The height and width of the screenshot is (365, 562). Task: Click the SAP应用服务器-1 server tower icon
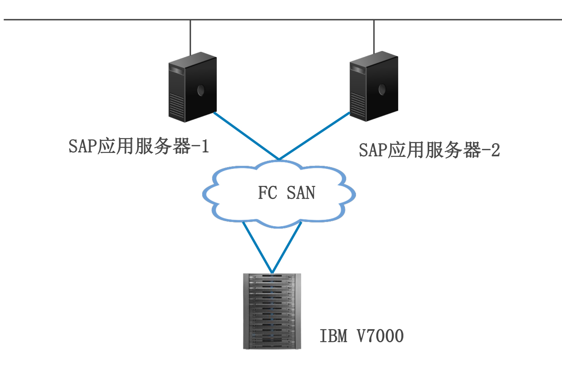(193, 87)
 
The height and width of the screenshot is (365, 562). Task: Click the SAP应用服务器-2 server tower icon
(374, 86)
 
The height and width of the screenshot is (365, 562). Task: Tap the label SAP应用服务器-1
(139, 146)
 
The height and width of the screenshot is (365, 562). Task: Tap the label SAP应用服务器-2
(429, 150)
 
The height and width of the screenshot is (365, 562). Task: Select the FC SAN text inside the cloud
(286, 193)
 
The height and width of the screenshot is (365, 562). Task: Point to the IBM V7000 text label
(361, 336)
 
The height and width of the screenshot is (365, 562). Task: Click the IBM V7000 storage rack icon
(272, 311)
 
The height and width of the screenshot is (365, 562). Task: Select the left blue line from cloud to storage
(257, 247)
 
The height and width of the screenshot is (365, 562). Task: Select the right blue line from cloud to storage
(287, 247)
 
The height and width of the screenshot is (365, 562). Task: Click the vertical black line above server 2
(374, 36)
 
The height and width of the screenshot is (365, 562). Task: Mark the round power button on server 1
(201, 90)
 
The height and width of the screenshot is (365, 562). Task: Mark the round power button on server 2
(382, 89)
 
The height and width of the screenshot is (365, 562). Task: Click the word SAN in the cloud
(301, 193)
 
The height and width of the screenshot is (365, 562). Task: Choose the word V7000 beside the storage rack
(380, 336)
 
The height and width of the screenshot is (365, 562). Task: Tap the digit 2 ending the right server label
(496, 150)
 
